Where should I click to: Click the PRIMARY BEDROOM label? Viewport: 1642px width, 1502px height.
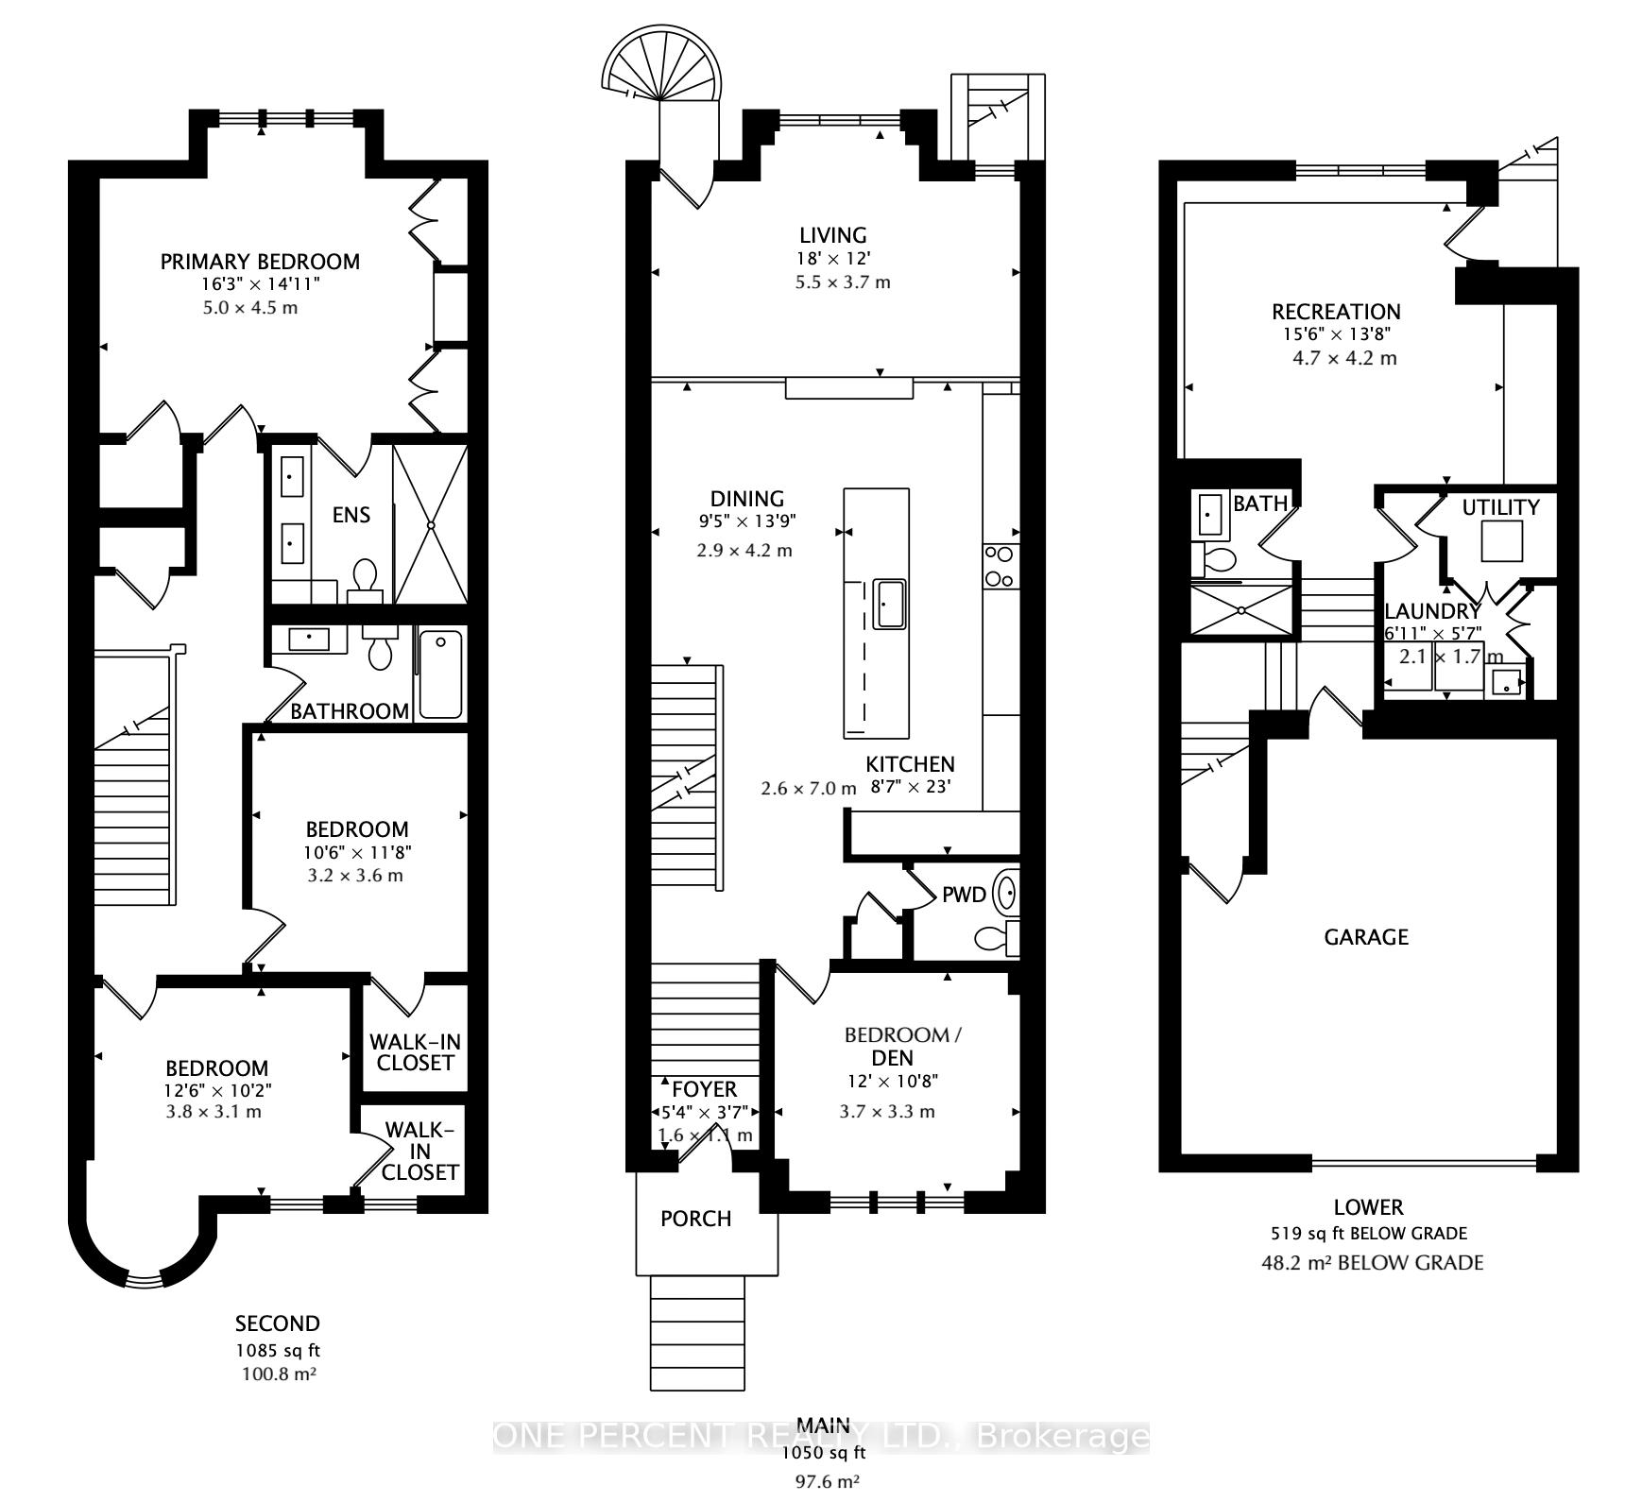(x=260, y=262)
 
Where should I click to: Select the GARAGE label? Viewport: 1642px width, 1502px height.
(x=1365, y=937)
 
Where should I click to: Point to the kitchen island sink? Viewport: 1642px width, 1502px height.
(x=889, y=604)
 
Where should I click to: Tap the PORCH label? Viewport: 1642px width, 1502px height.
(x=695, y=1219)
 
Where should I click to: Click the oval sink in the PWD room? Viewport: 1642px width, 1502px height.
(x=1008, y=892)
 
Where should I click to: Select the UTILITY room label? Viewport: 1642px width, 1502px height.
(x=1500, y=507)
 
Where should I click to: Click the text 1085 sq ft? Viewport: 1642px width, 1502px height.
(x=278, y=1351)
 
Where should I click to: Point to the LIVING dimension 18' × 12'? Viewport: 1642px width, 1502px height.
(x=832, y=259)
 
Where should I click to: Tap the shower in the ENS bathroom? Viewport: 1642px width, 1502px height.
(x=430, y=524)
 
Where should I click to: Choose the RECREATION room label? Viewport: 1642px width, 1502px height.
(x=1336, y=312)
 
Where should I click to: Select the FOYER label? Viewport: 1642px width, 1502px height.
(x=704, y=1089)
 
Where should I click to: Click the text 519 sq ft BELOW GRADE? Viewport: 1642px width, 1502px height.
(x=1368, y=1233)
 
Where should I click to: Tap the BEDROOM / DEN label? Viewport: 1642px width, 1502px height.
(x=902, y=1046)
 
